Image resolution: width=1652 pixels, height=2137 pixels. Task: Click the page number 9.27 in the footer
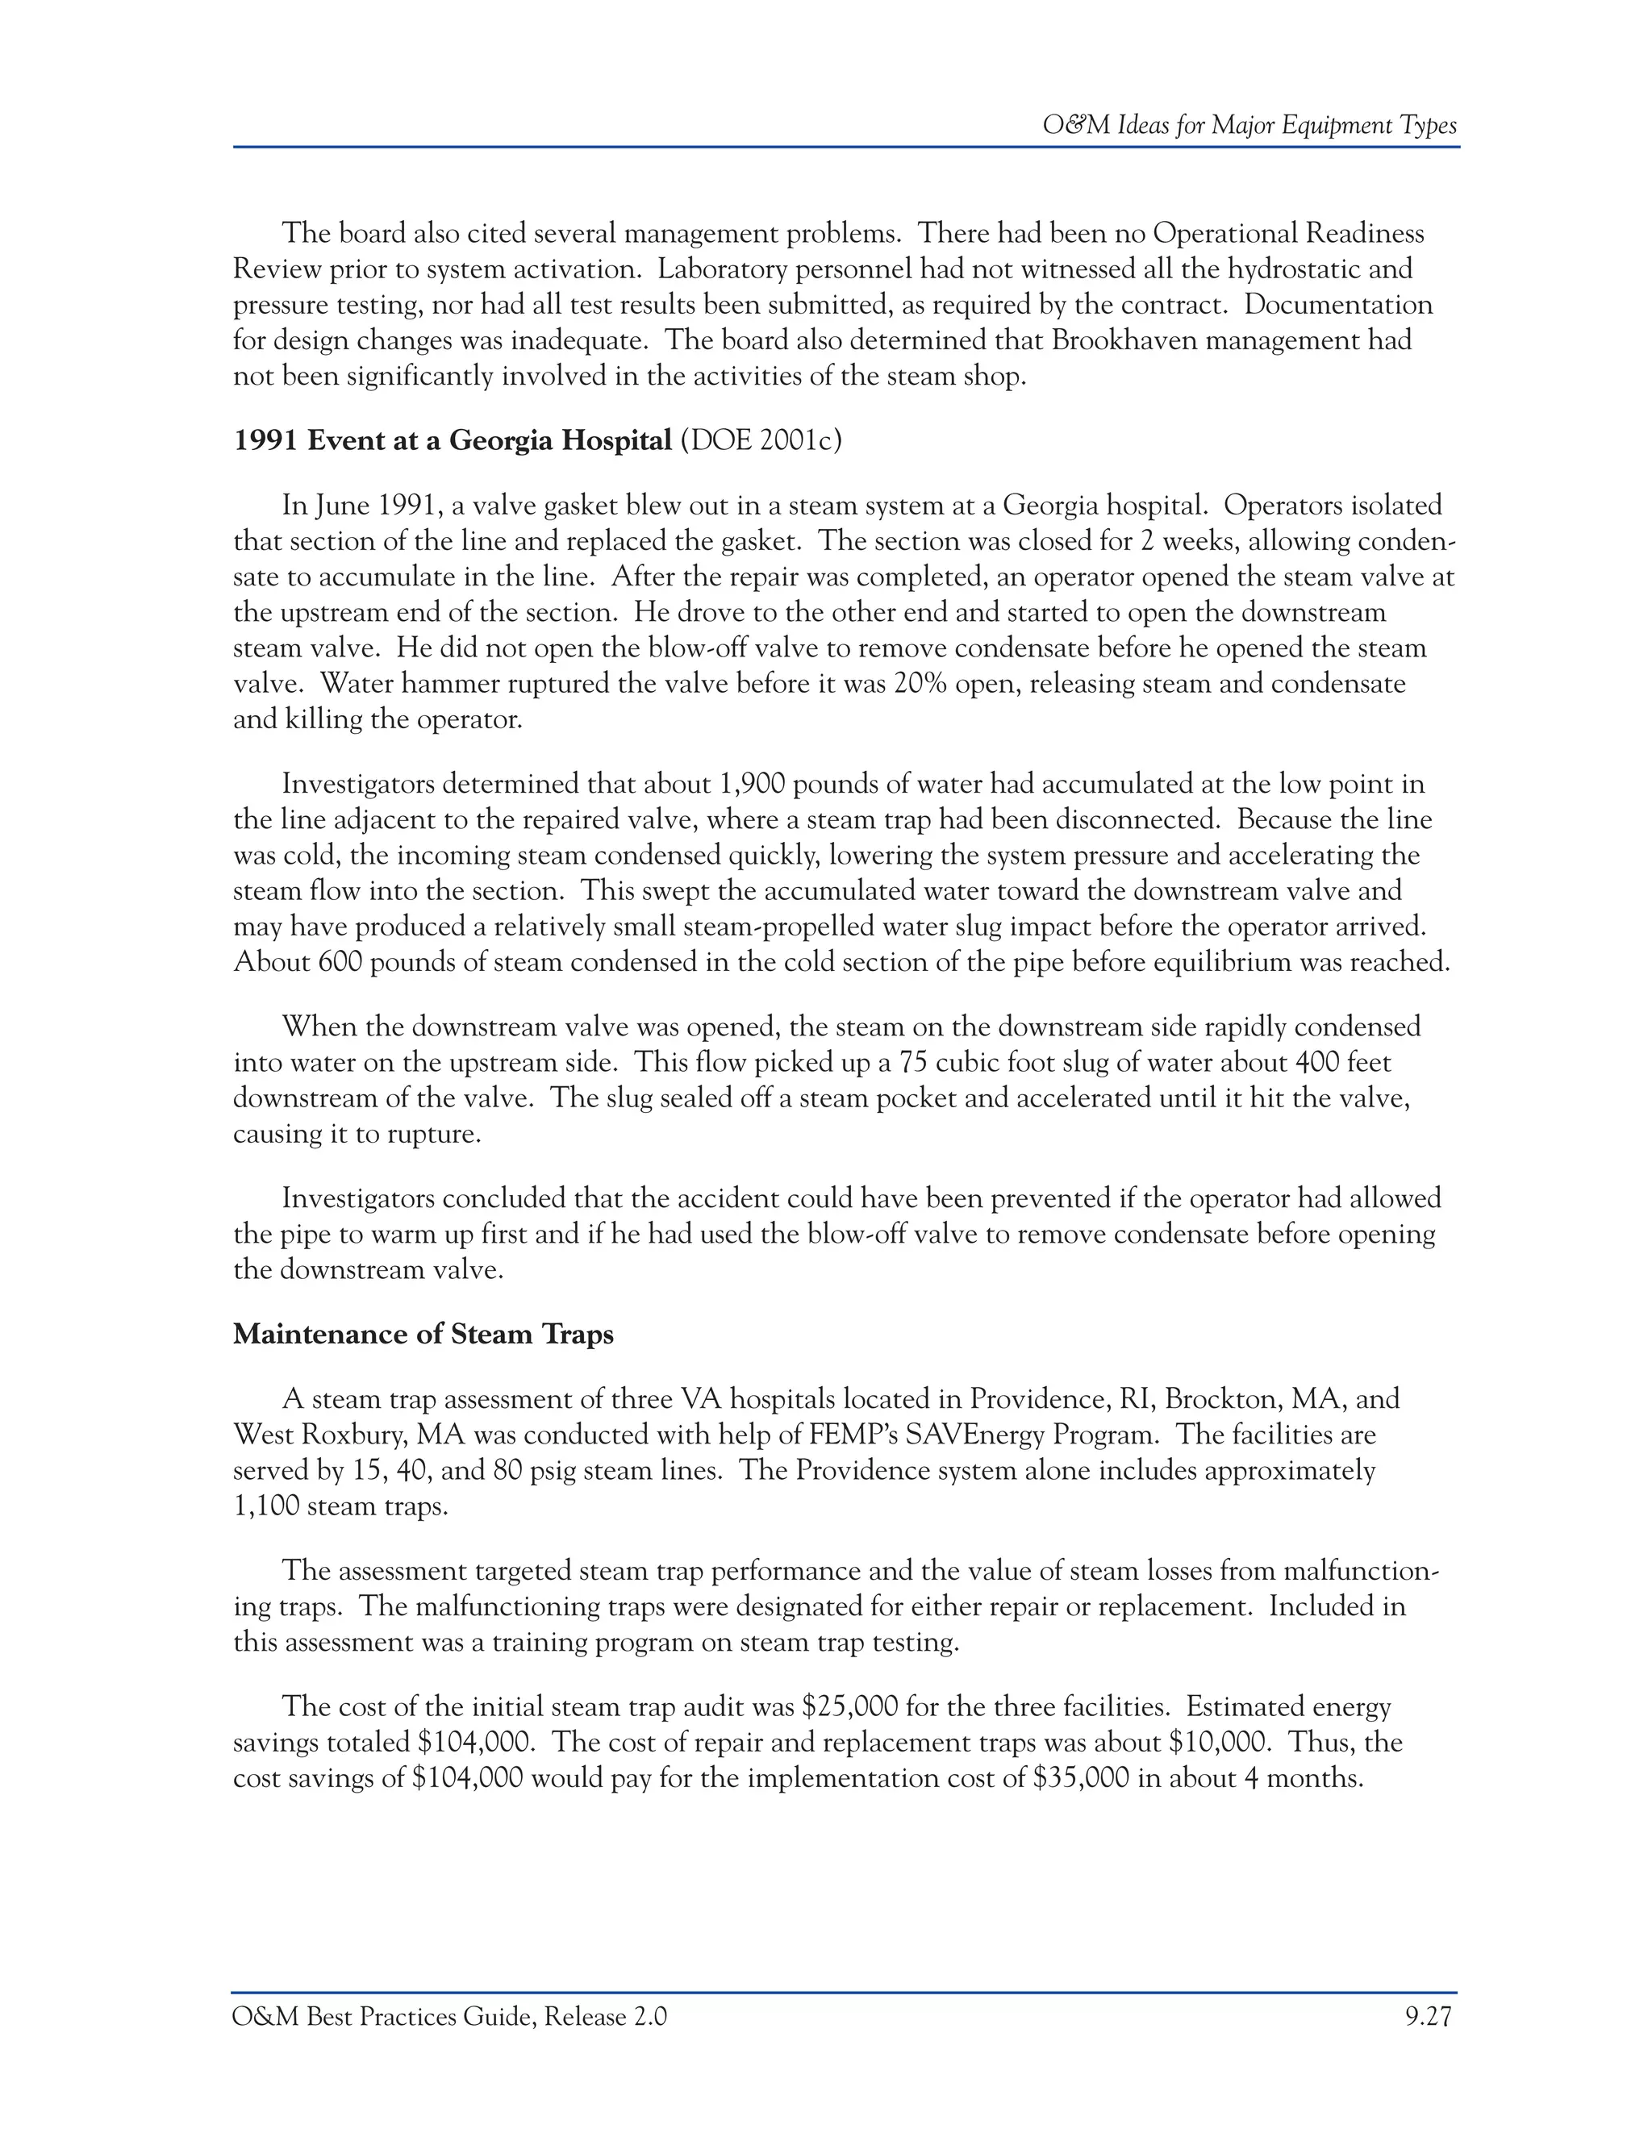pyautogui.click(x=1428, y=2017)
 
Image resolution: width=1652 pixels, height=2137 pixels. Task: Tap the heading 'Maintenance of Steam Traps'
pyautogui.click(x=423, y=1334)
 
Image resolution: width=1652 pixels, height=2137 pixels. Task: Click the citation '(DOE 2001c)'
pyautogui.click(x=761, y=440)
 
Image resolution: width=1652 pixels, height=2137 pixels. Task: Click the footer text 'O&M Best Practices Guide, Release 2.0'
pyautogui.click(x=450, y=2017)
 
